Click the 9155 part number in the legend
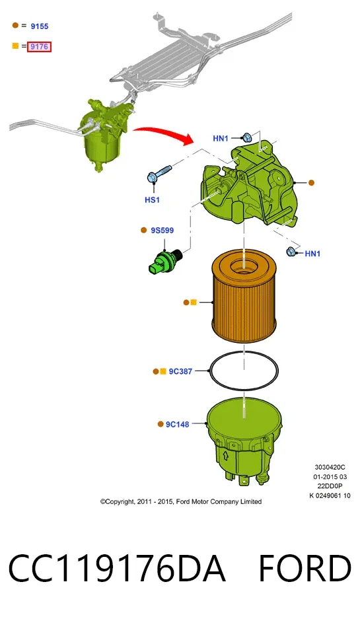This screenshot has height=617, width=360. tap(40, 26)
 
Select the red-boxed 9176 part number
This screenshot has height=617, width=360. tap(40, 46)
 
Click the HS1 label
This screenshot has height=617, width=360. tap(153, 200)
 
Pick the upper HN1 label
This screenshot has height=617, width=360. tap(221, 138)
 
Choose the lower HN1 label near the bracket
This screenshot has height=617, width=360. tap(312, 254)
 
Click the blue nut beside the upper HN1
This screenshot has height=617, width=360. tap(247, 137)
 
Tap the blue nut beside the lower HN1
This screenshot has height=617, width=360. tap(291, 251)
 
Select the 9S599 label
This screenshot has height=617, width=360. tap(162, 230)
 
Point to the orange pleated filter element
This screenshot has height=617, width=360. tap(244, 297)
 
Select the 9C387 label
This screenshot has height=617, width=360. tap(180, 371)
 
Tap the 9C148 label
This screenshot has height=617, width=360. tap(177, 424)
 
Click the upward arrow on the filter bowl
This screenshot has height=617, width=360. tap(226, 456)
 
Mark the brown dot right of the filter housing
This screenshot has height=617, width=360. tap(311, 182)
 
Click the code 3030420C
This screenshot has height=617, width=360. tap(330, 467)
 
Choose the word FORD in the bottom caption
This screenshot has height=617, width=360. tap(305, 568)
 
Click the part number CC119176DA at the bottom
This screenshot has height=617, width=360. tap(117, 568)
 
